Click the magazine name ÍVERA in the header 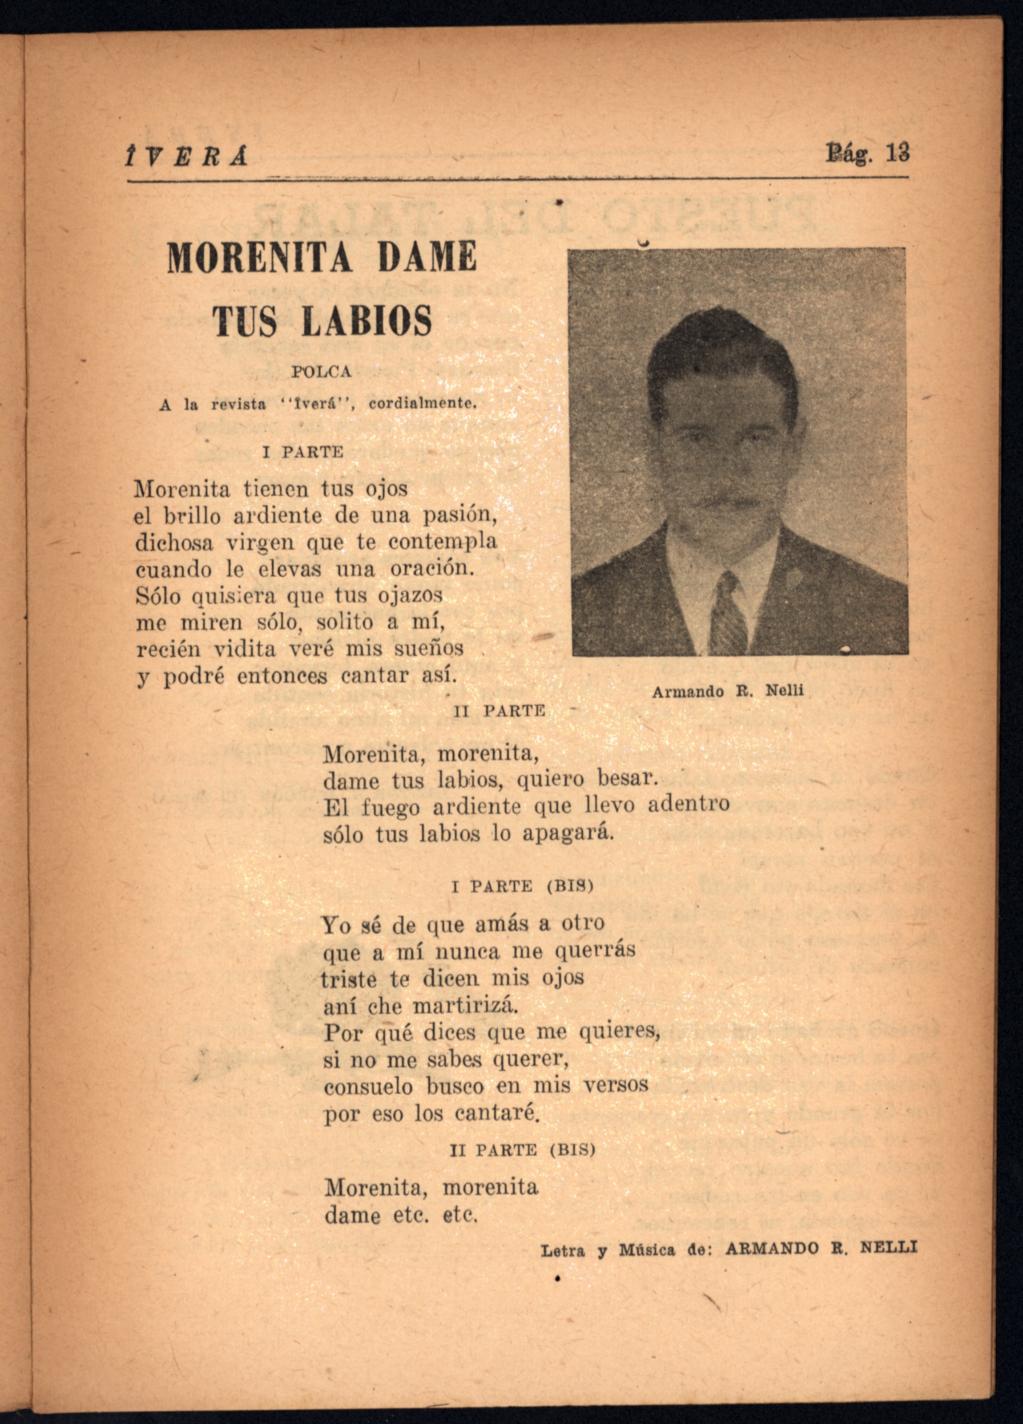[186, 156]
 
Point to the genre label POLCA [321, 372]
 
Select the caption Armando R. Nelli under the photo [727, 691]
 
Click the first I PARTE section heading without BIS [303, 452]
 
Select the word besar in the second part [626, 779]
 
